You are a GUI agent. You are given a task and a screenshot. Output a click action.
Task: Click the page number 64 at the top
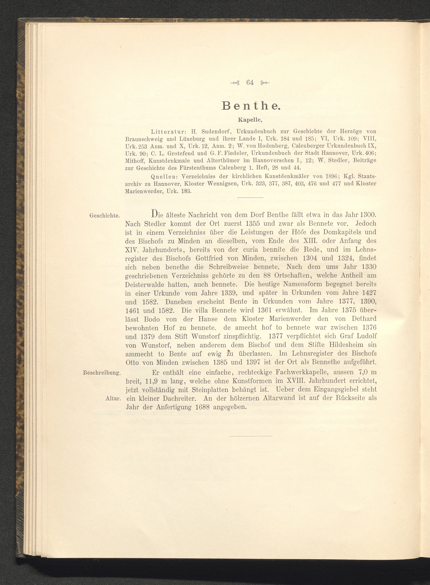250,83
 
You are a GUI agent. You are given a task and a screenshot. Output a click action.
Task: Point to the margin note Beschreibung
101,373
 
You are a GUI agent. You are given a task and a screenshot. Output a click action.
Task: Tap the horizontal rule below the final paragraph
251,436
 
